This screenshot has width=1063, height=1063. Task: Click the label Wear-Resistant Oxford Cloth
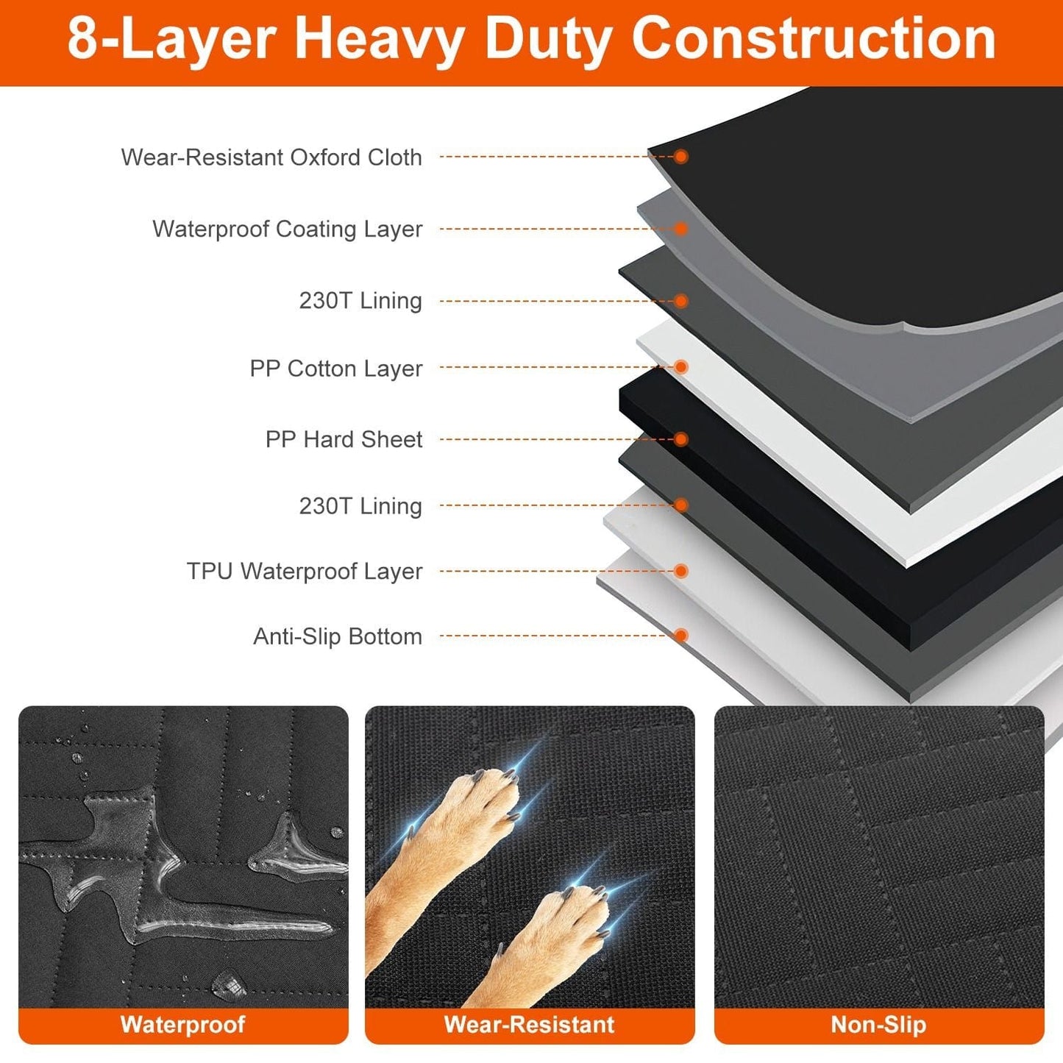[271, 157]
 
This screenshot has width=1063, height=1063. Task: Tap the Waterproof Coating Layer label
[287, 229]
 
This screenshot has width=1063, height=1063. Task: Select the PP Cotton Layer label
[335, 368]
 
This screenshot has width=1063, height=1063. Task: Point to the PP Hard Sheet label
[344, 439]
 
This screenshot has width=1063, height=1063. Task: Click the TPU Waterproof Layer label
[304, 571]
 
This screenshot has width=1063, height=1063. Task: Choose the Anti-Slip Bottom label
[338, 636]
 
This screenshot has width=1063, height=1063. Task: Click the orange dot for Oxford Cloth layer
[681, 157]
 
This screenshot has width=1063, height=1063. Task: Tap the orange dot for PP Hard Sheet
[681, 439]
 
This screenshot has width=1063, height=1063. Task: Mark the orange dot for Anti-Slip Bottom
[681, 636]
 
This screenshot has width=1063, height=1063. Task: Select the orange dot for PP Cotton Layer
[681, 366]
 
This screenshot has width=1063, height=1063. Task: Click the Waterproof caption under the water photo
[182, 1025]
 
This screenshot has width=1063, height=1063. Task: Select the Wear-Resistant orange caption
[529, 1025]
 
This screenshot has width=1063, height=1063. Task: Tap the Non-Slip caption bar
[878, 1025]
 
